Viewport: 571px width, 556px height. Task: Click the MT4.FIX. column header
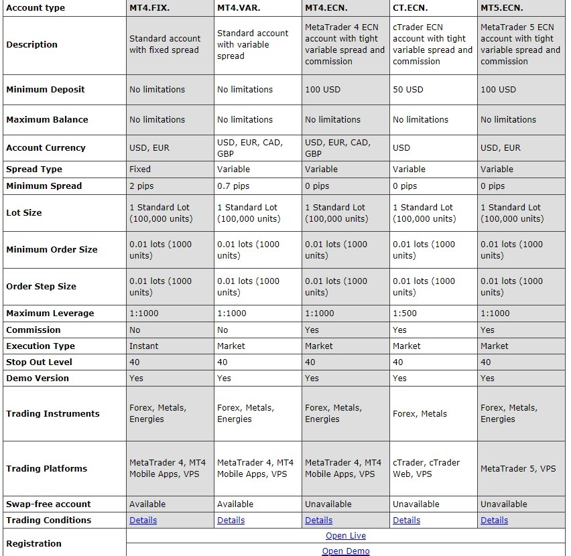click(151, 8)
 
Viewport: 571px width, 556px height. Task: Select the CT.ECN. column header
click(410, 8)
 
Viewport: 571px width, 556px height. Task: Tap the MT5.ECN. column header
click(502, 8)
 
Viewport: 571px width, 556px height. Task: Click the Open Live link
click(346, 536)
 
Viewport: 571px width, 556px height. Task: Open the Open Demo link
click(346, 551)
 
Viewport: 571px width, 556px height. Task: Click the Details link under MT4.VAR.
click(231, 520)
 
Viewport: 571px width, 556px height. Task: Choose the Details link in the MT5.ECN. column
click(495, 520)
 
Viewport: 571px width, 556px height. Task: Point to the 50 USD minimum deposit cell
click(408, 90)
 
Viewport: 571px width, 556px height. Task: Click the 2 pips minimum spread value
click(142, 186)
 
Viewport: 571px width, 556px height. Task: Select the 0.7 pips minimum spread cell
click(233, 186)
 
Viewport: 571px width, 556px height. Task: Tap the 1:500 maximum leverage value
click(405, 314)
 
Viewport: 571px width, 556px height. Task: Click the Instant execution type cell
click(144, 346)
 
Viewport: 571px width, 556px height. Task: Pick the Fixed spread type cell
click(140, 169)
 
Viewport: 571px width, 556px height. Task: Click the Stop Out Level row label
click(39, 362)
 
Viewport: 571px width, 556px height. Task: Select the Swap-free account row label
click(48, 504)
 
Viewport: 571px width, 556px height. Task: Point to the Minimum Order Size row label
click(52, 250)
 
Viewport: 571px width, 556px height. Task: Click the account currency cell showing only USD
click(401, 148)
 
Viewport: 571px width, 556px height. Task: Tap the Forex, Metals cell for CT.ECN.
click(420, 414)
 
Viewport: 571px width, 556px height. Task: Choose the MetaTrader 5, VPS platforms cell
click(518, 469)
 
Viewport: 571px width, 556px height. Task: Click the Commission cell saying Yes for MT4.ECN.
click(312, 330)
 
